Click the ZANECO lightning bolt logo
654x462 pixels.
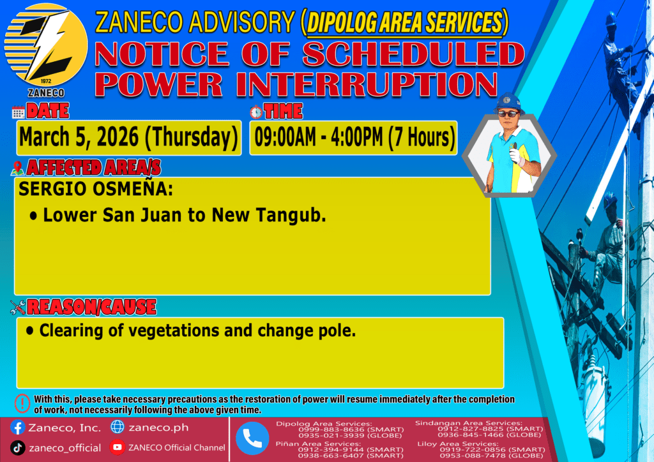click(x=46, y=45)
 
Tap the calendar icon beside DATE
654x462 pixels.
click(x=18, y=112)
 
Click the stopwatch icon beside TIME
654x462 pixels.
click(x=256, y=112)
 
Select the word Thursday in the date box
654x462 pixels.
click(x=192, y=137)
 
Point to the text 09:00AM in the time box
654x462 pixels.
click(x=285, y=137)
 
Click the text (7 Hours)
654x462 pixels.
click(x=422, y=137)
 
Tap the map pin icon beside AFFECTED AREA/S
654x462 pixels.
click(x=17, y=168)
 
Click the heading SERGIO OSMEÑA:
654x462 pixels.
click(x=96, y=189)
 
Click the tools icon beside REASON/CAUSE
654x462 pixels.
click(x=18, y=308)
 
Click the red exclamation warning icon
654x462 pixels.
click(x=22, y=403)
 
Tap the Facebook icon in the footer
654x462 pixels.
click(x=17, y=428)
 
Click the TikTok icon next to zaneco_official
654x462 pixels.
click(x=17, y=448)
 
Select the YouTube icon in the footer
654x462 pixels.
click(x=118, y=447)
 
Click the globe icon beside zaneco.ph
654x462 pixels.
click(x=118, y=427)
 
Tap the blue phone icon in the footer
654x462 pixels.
click(x=252, y=438)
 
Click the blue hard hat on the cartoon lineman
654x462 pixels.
click(x=508, y=102)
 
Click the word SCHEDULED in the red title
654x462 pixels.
click(x=413, y=55)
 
